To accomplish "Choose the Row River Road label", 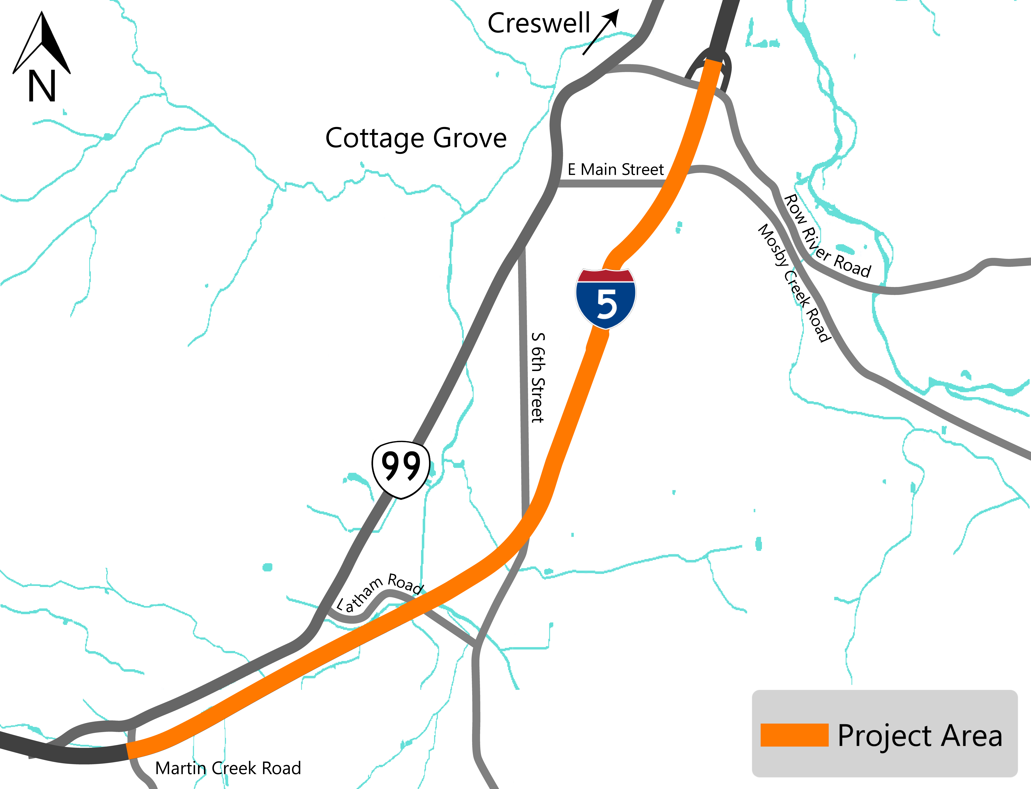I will [x=827, y=236].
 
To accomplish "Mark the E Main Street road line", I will [x=610, y=184].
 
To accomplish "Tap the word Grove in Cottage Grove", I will [x=470, y=138].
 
